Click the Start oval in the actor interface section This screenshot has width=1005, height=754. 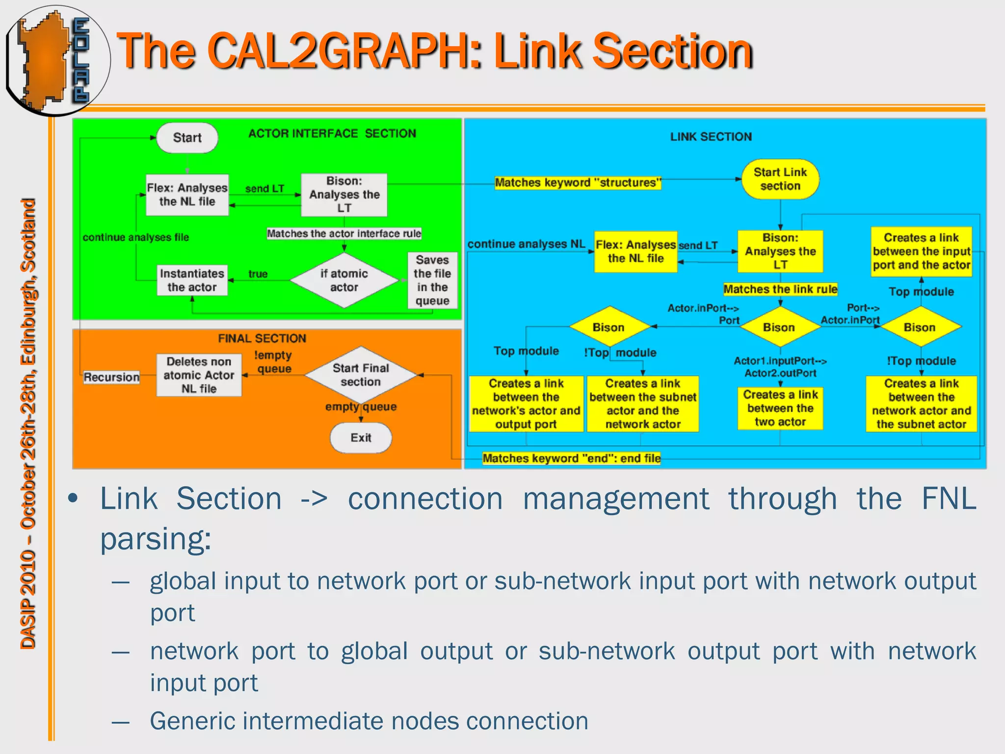187,138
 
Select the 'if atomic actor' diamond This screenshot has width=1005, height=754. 344,280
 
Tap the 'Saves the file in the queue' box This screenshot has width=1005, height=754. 432,280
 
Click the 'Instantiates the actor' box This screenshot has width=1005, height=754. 192,280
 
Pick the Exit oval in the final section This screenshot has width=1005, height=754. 361,438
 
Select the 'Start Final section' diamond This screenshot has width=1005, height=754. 361,375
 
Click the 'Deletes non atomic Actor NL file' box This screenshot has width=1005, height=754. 199,375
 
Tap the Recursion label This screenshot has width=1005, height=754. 111,377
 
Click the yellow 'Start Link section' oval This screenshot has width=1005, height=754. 780,179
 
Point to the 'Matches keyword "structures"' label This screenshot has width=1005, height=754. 578,183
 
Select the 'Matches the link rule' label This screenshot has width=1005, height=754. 780,289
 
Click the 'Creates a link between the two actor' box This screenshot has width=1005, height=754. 780,408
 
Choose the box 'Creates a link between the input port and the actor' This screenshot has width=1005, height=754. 921,251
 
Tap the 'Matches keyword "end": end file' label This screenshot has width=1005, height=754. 571,458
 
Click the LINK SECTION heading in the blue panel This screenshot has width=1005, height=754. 711,137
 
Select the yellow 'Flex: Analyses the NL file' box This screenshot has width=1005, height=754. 635,251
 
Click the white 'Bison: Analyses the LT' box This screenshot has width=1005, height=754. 344,194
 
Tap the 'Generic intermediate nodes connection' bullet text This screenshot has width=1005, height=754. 369,721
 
